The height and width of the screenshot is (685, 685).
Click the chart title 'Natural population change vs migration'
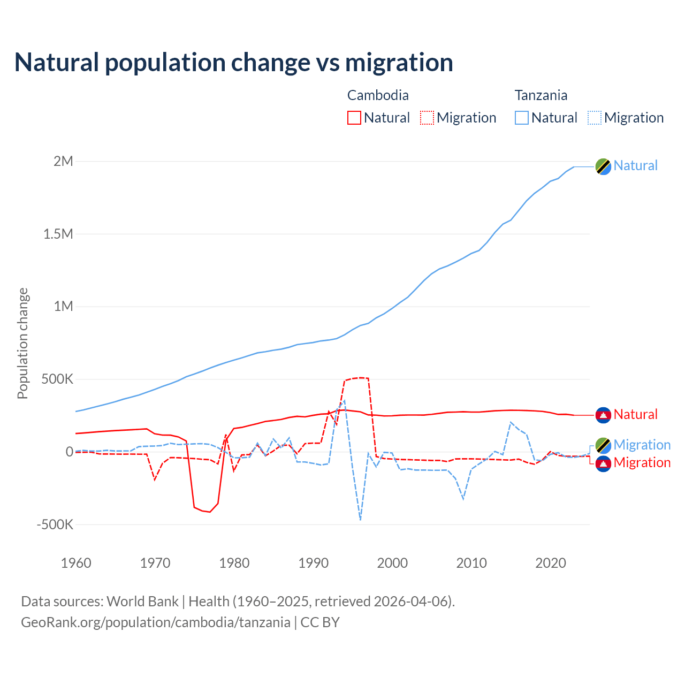click(234, 63)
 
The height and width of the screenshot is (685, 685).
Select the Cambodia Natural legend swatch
click(354, 118)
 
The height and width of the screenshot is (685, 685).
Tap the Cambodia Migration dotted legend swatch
click(427, 118)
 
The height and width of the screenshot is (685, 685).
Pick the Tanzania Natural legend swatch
click(522, 118)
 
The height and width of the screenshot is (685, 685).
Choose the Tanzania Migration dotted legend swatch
click(595, 118)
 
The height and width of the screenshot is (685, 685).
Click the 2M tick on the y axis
click(63, 161)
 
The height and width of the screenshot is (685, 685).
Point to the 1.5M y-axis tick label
click(58, 234)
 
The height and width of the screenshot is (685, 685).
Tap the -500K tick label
click(55, 524)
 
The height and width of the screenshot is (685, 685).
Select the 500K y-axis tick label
click(58, 379)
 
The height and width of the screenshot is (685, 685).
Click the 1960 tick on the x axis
click(76, 563)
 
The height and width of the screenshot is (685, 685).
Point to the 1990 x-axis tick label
click(314, 563)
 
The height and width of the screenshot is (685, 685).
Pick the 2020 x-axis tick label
click(551, 563)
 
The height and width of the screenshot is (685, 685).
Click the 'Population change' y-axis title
click(22, 343)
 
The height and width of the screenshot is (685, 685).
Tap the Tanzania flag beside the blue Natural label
click(603, 166)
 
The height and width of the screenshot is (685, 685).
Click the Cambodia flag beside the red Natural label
click(603, 415)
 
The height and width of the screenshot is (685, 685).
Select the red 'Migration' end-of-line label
click(642, 462)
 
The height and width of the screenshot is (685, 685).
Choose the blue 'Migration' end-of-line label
click(642, 445)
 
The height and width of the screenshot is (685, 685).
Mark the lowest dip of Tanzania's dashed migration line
click(361, 519)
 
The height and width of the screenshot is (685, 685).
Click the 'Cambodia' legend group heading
click(378, 95)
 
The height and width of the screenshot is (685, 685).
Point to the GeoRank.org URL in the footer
click(156, 622)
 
